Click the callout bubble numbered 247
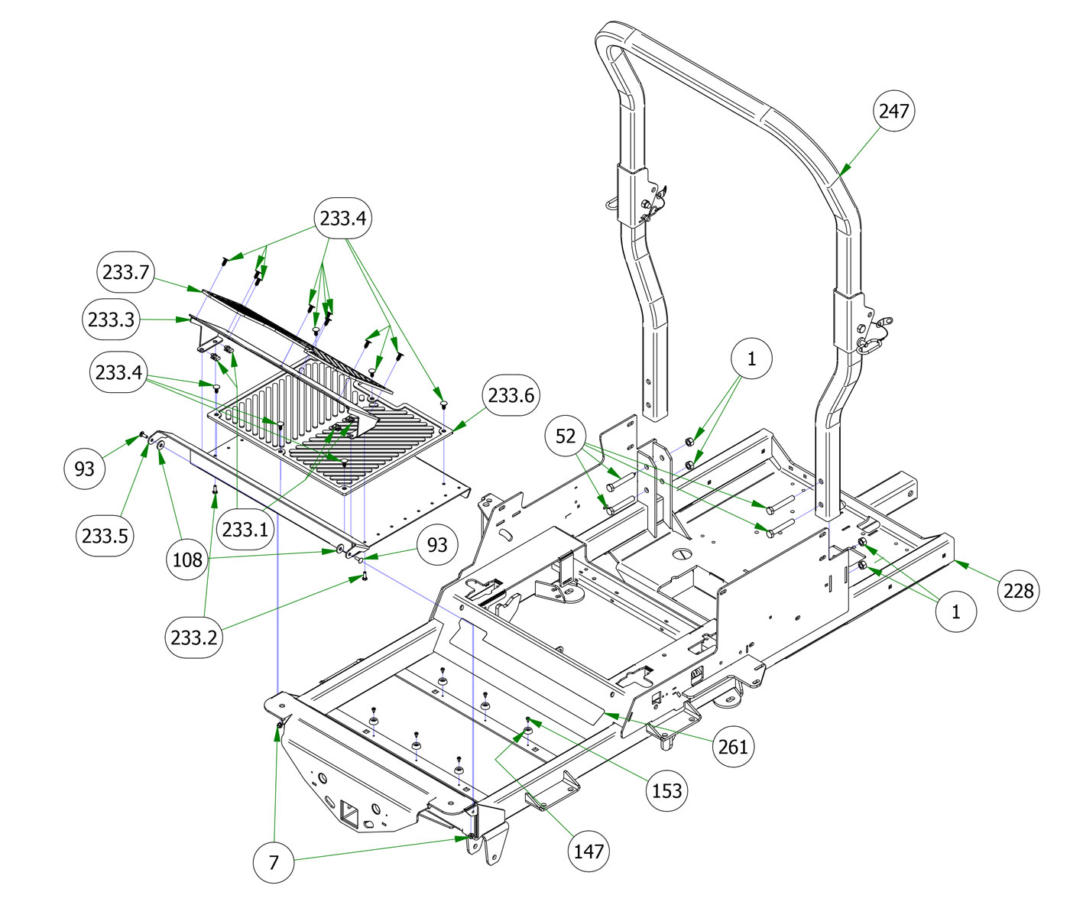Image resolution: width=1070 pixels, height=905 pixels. (x=893, y=111)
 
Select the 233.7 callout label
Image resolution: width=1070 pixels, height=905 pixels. (x=125, y=271)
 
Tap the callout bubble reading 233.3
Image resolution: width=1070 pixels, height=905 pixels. (x=112, y=320)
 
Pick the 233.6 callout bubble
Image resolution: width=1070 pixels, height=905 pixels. (x=511, y=395)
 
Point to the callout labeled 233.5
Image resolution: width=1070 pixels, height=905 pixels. (x=105, y=536)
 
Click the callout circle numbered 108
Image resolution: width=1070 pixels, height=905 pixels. (x=187, y=560)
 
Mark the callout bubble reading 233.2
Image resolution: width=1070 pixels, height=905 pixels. (x=194, y=637)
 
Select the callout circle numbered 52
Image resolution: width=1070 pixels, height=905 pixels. (x=566, y=436)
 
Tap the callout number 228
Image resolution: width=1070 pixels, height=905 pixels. (x=1018, y=590)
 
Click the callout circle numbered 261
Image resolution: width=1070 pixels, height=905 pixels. (x=733, y=746)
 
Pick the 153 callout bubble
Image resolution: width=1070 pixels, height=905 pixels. (x=666, y=790)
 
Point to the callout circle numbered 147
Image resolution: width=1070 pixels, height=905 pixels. (x=588, y=851)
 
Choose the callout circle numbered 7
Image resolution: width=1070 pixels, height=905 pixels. (x=274, y=863)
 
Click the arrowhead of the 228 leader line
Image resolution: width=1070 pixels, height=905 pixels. (x=957, y=562)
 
